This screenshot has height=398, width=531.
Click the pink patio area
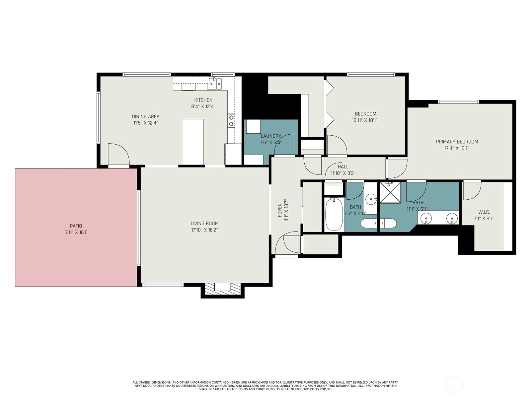(x=76, y=228)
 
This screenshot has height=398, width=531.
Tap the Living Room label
(x=204, y=224)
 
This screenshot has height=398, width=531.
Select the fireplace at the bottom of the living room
(x=222, y=289)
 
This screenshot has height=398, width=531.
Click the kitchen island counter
(x=192, y=142)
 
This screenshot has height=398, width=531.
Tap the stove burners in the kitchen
(x=231, y=121)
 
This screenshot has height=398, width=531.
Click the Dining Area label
(x=145, y=116)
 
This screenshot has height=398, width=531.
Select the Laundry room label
(x=271, y=136)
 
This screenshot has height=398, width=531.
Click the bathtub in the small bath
(x=334, y=214)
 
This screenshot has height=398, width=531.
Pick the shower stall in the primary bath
(x=390, y=193)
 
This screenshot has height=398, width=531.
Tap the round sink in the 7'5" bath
(x=370, y=200)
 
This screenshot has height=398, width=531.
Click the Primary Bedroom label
(x=457, y=142)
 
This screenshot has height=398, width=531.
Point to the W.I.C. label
(x=484, y=212)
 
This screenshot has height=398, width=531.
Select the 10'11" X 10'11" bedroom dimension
(x=365, y=120)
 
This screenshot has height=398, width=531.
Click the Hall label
(x=343, y=167)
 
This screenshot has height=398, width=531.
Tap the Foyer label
(x=280, y=210)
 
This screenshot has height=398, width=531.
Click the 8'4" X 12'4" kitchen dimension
(x=203, y=106)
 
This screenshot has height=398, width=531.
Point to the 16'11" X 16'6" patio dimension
(x=76, y=232)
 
